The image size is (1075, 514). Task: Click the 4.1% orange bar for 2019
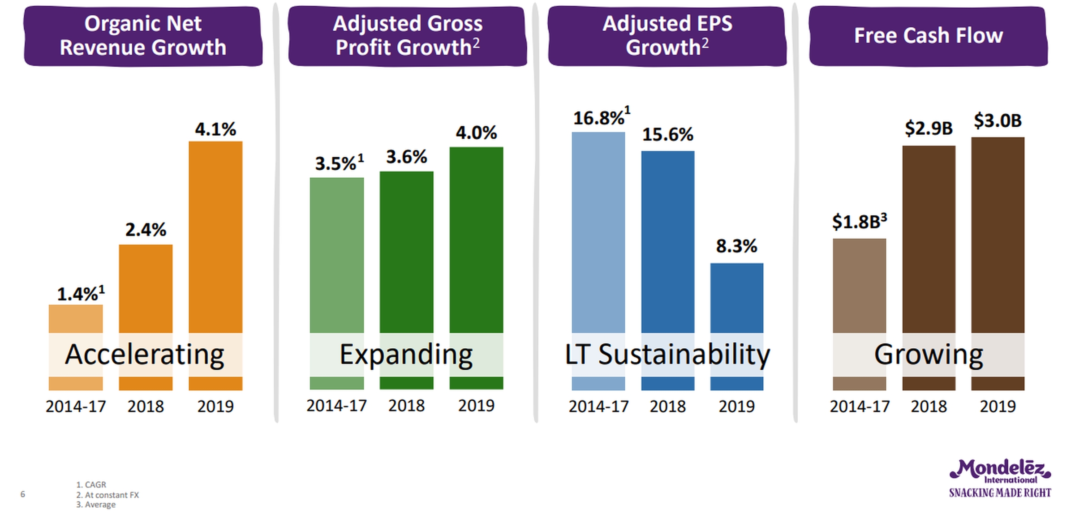coord(215,237)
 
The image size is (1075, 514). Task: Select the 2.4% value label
coord(146,230)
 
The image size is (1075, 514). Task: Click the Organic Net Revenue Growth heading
coord(143,36)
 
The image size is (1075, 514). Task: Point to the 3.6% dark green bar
coord(406,251)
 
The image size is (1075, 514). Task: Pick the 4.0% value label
coord(476,133)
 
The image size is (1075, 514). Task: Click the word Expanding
coord(406,355)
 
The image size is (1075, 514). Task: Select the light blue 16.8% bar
coord(598,233)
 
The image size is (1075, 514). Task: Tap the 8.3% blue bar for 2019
coord(736,298)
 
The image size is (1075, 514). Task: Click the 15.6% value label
coord(667,135)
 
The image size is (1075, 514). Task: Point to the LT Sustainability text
coord(667,355)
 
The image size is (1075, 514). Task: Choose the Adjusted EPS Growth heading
coord(667,36)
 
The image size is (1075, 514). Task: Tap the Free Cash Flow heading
coord(928,36)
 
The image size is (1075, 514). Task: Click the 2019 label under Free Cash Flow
coord(998,407)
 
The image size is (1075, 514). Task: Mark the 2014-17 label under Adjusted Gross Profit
coord(336,406)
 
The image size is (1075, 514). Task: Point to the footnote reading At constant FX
coord(107,495)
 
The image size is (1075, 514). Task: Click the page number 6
coord(23,494)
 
